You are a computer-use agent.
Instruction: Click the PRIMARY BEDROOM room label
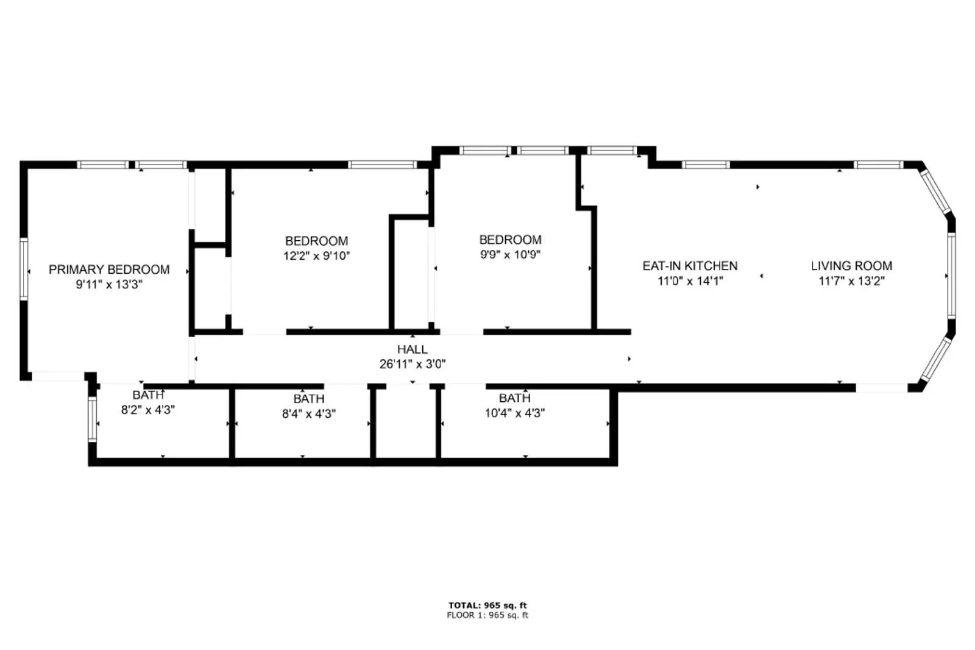pos(109,270)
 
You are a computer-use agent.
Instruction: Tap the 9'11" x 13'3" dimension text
pos(109,284)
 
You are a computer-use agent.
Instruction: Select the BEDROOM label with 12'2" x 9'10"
pos(316,241)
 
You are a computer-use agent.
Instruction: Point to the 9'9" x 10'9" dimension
pos(510,255)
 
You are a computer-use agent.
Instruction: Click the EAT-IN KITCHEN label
pos(690,266)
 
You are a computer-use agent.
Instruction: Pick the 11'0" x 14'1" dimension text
pos(690,281)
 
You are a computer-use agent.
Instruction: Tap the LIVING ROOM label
pos(851,266)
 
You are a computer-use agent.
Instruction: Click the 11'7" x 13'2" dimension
pos(851,281)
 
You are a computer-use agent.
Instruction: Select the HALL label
pos(413,349)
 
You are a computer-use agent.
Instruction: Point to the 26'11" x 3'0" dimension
pos(413,364)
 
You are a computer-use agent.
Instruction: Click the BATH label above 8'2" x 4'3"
pos(148,395)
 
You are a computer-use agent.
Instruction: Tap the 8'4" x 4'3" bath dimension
pos(308,414)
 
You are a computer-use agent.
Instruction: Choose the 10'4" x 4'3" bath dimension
pos(514,413)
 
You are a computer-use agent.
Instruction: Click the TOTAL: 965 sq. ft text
pos(487,605)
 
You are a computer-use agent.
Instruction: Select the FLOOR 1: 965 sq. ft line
pos(487,615)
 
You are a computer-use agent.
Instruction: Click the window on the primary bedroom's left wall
pos(24,269)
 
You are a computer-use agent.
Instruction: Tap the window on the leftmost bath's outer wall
pos(93,420)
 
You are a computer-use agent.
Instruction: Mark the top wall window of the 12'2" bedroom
pos(382,165)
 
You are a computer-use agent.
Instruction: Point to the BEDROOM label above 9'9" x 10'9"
pos(510,240)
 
